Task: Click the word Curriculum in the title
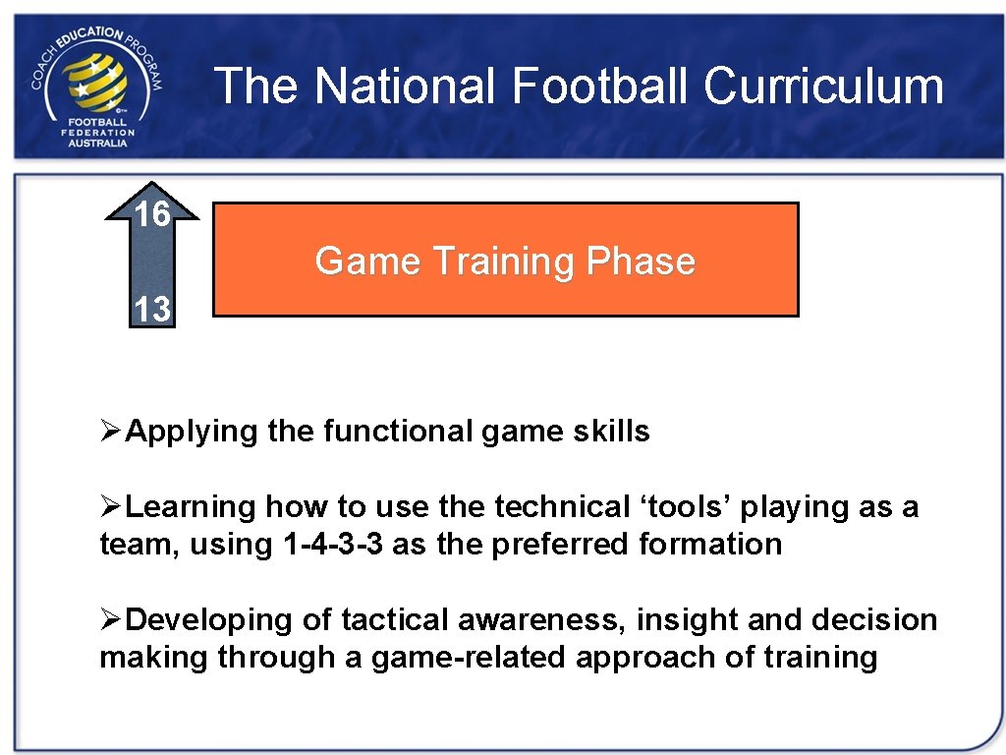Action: (823, 86)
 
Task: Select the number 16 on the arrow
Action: (152, 213)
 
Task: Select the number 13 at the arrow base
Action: (152, 310)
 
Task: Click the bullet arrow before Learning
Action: (112, 506)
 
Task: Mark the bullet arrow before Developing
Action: (112, 620)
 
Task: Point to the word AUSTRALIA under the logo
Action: (97, 142)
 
